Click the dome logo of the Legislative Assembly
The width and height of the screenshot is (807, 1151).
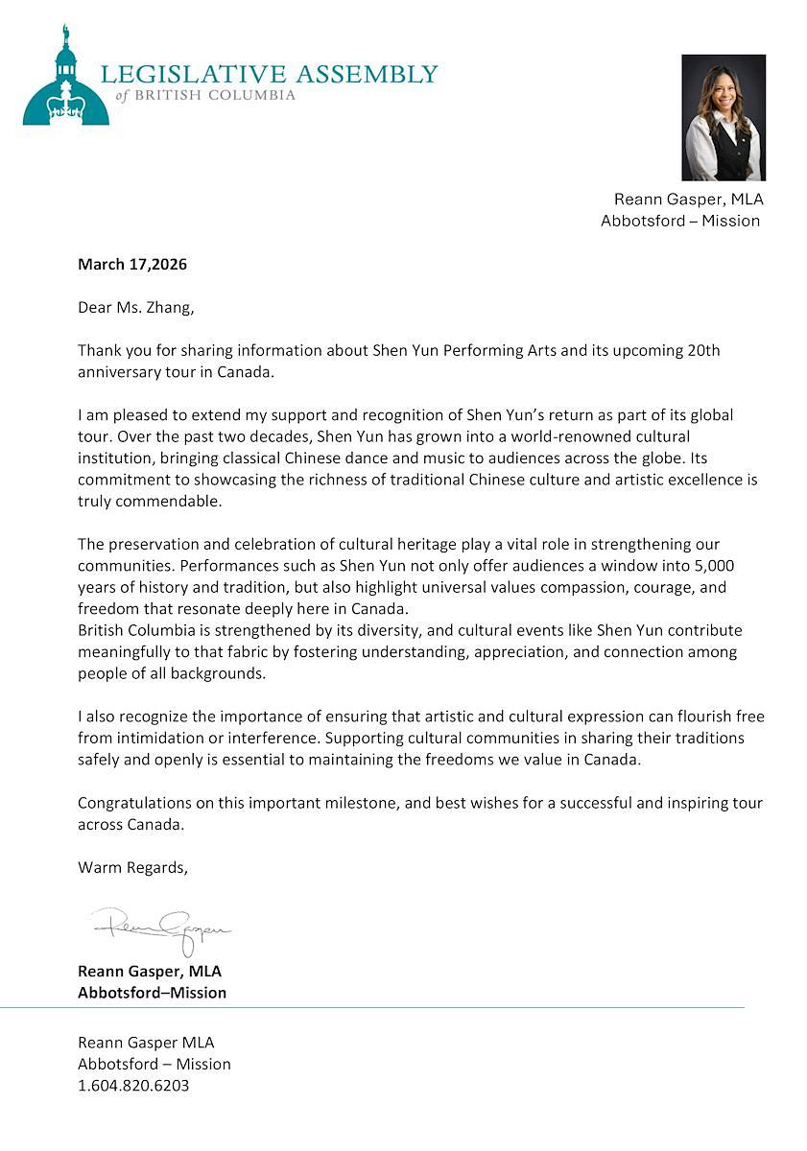point(65,82)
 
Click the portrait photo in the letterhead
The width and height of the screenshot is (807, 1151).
point(723,117)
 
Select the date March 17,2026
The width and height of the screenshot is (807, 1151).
point(132,264)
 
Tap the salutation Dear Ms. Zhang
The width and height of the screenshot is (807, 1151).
point(141,308)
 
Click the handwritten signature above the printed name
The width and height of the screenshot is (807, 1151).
point(161,928)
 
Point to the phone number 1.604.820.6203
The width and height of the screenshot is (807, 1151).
point(133,1086)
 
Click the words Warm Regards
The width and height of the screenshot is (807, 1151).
point(132,867)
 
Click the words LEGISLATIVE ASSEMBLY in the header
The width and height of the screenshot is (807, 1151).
point(269,75)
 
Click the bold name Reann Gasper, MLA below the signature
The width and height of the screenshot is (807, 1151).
point(149,971)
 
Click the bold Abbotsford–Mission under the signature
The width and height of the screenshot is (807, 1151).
point(152,993)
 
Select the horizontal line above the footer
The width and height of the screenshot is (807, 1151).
point(384,1007)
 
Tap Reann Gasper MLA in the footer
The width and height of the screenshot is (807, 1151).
point(146,1042)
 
